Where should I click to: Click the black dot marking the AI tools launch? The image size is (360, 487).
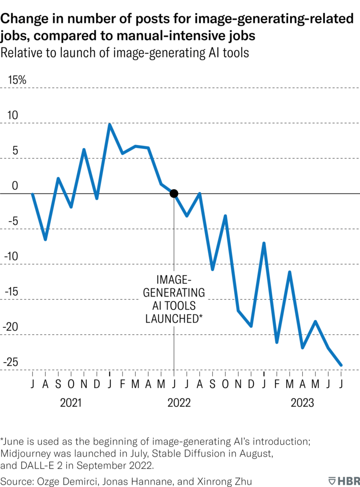174,193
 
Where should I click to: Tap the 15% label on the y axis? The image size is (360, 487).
16,80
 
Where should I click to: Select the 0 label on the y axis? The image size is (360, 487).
15,186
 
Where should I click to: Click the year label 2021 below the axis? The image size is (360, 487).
71,402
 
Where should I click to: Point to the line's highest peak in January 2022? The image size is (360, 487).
109,124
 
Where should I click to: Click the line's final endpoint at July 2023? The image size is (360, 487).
341,365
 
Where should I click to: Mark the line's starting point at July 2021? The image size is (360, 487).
32,193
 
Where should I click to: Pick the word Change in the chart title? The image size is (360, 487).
22,19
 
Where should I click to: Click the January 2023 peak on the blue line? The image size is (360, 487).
264,243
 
